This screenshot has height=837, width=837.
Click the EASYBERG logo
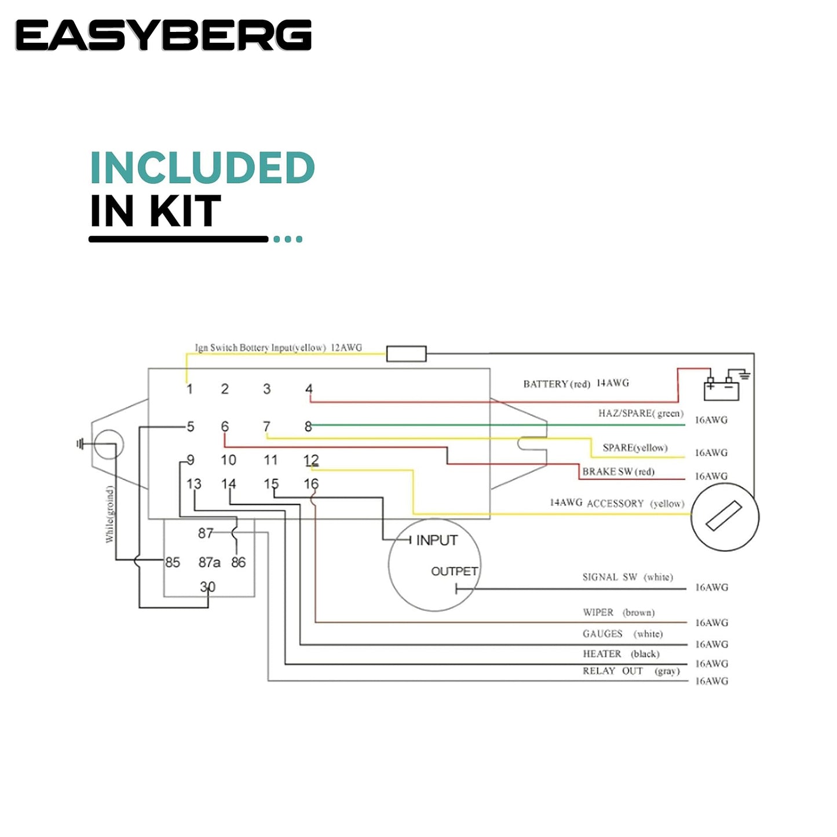(163, 35)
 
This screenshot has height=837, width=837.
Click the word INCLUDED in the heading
(202, 169)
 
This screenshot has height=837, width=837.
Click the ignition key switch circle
(725, 517)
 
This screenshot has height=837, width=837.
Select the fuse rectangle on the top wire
(406, 353)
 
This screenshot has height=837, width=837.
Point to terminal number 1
(189, 389)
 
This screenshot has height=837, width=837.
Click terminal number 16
(311, 484)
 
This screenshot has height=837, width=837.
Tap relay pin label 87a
(209, 562)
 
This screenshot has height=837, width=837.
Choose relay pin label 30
(207, 587)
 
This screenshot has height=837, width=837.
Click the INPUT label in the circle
(437, 540)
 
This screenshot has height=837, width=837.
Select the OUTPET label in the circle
(454, 572)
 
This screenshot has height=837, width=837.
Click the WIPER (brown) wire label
(618, 613)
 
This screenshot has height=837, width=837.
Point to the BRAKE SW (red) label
(618, 472)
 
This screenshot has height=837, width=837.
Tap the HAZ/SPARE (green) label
(641, 414)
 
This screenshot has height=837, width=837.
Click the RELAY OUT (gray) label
(631, 671)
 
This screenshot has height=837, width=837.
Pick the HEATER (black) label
(620, 654)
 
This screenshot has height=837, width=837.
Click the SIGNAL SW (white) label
(627, 578)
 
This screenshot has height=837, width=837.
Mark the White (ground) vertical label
(109, 514)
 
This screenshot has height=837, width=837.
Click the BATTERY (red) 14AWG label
(576, 383)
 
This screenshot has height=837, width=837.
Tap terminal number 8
(308, 427)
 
